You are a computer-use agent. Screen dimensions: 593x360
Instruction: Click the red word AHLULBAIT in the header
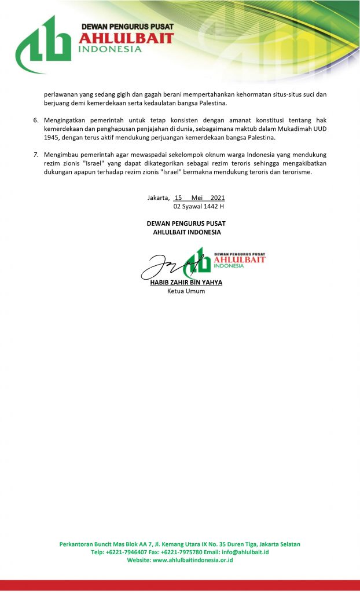point(126,38)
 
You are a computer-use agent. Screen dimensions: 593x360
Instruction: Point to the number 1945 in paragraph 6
point(53,137)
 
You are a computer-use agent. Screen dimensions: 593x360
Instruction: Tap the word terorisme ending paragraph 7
point(296,172)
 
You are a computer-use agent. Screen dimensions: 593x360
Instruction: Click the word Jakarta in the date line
point(158,197)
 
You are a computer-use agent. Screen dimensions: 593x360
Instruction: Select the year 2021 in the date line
point(218,197)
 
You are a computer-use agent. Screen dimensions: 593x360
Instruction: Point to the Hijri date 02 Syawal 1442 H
point(199,206)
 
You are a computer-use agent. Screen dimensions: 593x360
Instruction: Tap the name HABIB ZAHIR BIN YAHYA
point(186,283)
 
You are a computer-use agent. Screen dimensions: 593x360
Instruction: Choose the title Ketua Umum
point(186,291)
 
